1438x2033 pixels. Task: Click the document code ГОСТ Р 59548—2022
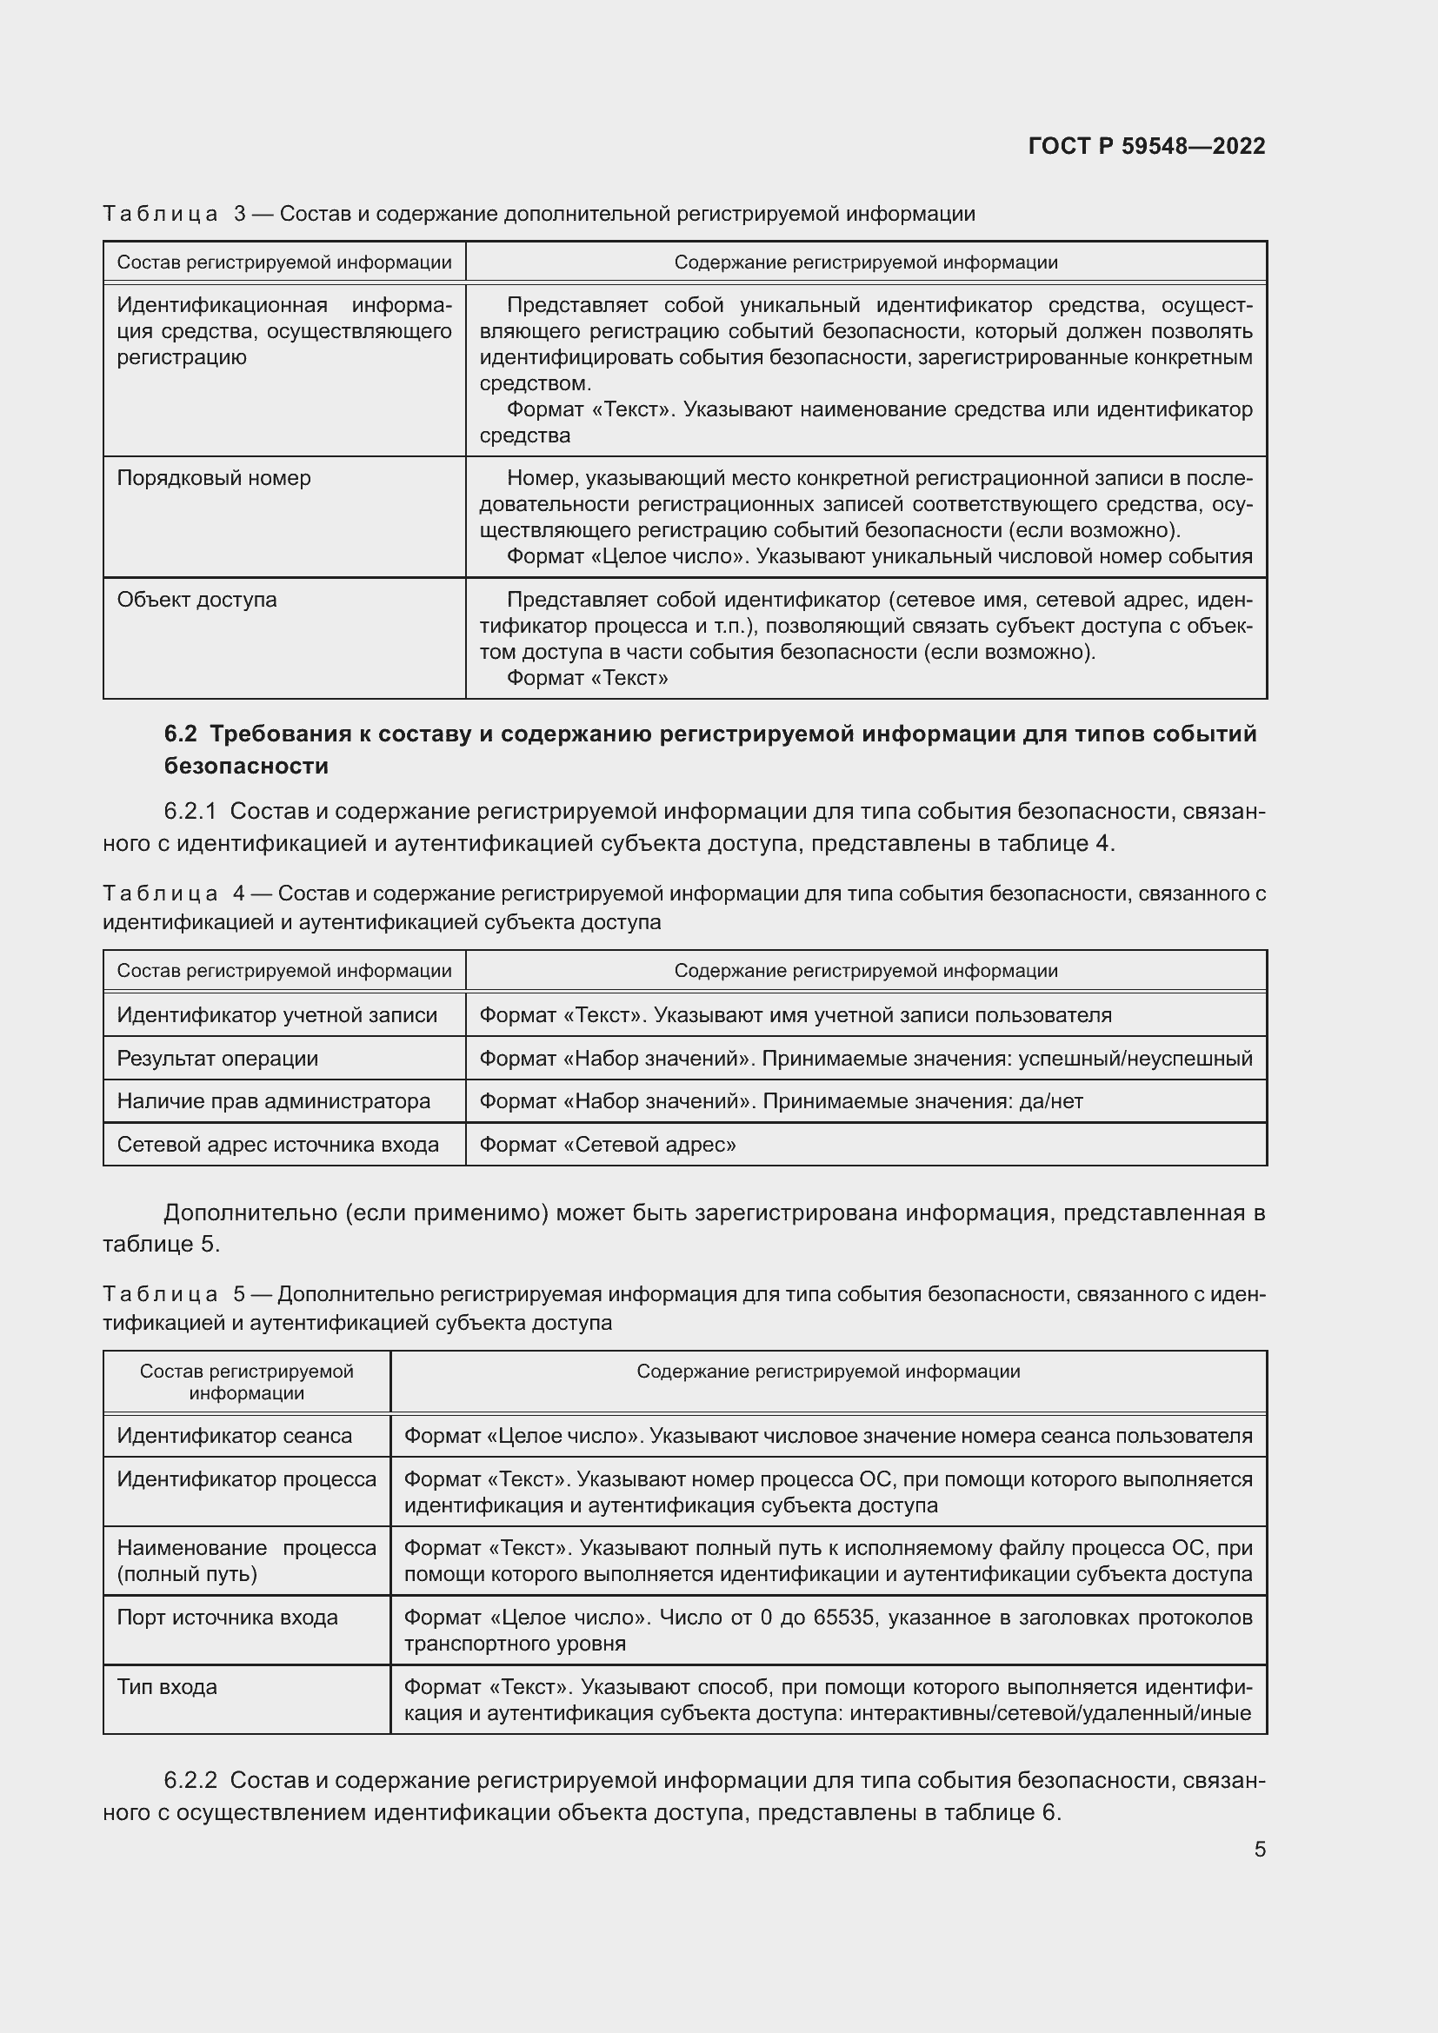(1147, 146)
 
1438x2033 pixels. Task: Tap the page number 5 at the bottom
(1259, 1849)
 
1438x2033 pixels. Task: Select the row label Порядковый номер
(214, 478)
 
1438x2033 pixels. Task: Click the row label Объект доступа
(196, 600)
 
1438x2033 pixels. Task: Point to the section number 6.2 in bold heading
(181, 734)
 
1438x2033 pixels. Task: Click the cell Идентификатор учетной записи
(277, 1014)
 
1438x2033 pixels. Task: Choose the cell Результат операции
(218, 1058)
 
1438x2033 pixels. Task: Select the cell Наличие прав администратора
(274, 1100)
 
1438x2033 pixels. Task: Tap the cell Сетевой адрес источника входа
(278, 1144)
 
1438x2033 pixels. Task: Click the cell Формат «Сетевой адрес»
(608, 1144)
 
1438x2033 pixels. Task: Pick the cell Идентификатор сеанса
(235, 1435)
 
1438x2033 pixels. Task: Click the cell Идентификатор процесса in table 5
(246, 1478)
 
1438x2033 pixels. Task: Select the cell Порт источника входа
(228, 1617)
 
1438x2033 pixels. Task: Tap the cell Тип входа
(167, 1686)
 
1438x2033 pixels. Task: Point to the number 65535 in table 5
(845, 1617)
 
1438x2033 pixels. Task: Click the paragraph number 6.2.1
(190, 812)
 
